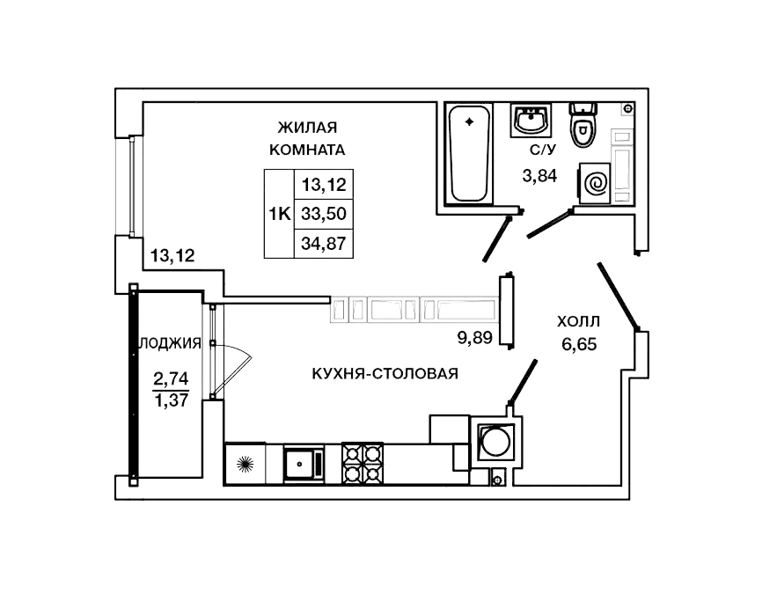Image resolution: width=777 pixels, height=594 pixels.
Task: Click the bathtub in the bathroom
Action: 469,151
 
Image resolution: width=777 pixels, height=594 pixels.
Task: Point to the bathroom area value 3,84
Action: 539,175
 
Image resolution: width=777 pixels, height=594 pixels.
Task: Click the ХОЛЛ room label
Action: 579,321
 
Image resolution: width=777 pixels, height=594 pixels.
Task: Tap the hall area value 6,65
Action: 579,344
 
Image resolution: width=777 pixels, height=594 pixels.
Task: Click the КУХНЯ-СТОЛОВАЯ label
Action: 385,373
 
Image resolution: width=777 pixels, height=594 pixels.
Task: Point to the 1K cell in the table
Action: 280,213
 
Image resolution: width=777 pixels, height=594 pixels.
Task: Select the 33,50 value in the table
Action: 323,213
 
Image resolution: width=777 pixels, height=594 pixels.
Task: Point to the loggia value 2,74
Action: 171,379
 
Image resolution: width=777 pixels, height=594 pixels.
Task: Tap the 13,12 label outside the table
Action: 172,256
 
